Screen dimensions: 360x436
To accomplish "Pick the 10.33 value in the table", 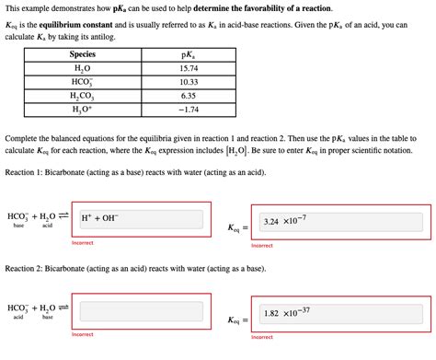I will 189,82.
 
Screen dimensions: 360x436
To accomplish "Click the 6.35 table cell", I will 189,95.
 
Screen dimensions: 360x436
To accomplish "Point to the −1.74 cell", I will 189,109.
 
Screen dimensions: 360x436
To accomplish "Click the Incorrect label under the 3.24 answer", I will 262,246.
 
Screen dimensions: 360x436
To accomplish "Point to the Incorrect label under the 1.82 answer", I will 262,337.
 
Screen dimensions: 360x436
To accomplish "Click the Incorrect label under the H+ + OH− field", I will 83,243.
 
